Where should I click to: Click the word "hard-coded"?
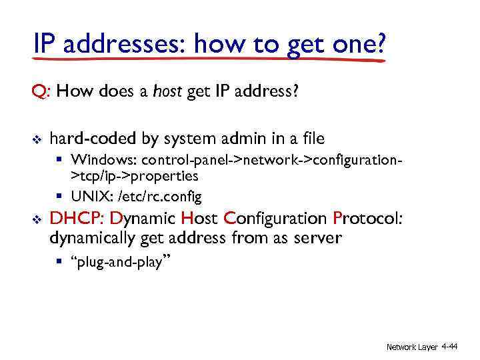pos(92,139)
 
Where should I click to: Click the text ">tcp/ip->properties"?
pos(135,176)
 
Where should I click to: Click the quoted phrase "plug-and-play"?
pos(121,263)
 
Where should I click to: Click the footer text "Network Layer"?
pos(412,347)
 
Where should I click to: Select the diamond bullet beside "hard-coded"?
pos(36,139)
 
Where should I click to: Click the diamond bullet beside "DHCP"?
pos(36,219)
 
